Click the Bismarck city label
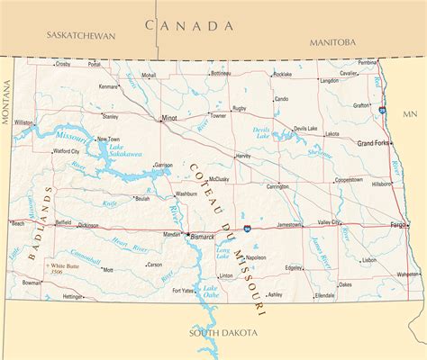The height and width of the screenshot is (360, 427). [203, 237]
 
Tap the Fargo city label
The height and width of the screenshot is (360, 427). [397, 223]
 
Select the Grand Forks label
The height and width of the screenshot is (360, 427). [374, 144]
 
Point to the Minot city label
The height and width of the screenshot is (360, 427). [168, 118]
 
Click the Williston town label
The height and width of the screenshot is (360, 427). [23, 122]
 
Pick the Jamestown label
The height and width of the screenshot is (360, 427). [289, 224]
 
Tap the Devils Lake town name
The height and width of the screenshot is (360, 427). [305, 129]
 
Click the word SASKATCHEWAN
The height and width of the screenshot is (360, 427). [82, 36]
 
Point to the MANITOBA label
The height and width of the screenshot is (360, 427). [332, 42]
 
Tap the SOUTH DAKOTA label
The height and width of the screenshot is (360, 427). [223, 333]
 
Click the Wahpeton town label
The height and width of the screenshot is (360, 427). [408, 273]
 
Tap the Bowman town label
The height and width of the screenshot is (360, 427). [32, 282]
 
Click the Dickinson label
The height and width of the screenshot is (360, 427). [88, 225]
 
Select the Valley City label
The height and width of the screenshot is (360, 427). [329, 222]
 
